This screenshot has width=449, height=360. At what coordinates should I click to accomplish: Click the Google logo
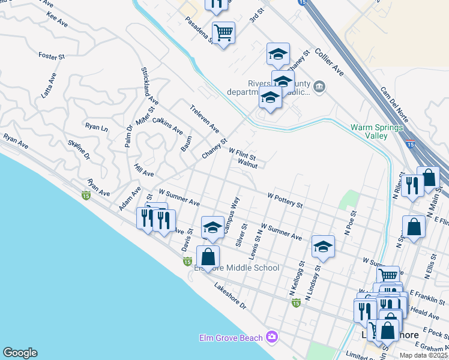tap(20, 353)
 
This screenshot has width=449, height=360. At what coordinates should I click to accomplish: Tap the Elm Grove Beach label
tap(231, 338)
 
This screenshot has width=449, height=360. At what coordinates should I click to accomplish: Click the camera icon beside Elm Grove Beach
tap(272, 337)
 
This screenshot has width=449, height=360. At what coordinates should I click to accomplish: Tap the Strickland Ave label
tap(149, 86)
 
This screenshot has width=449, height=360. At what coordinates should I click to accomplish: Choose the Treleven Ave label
tap(204, 120)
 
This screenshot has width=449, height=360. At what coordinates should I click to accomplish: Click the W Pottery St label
tap(285, 200)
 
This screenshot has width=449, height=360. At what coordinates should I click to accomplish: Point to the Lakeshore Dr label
tap(231, 296)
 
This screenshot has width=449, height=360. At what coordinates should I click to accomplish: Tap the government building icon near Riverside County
tap(319, 88)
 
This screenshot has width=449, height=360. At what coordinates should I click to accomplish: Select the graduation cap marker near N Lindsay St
tap(323, 246)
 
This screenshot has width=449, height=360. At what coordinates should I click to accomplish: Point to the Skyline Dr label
tap(79, 149)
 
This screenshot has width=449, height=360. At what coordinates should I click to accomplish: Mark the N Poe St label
tap(349, 221)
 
